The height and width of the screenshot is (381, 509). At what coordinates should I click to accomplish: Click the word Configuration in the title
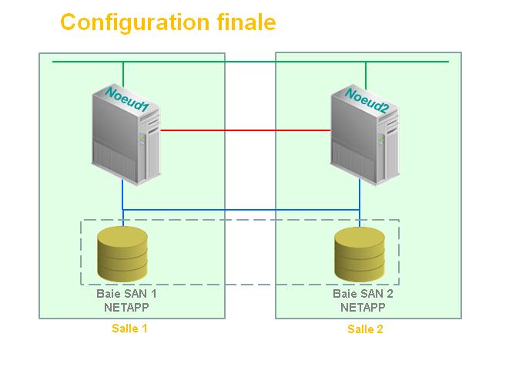pyautogui.click(x=135, y=23)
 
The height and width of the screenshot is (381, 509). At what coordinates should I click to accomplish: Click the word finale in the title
pyautogui.click(x=246, y=22)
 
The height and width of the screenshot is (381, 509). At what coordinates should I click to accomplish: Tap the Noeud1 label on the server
pyautogui.click(x=127, y=99)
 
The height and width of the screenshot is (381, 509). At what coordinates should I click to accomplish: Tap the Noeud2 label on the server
pyautogui.click(x=367, y=101)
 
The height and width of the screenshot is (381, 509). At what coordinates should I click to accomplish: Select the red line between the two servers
pyautogui.click(x=246, y=130)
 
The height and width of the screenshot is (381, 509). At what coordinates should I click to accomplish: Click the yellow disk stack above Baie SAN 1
pyautogui.click(x=122, y=254)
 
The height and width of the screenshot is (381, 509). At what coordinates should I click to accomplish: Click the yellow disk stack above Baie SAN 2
pyautogui.click(x=360, y=255)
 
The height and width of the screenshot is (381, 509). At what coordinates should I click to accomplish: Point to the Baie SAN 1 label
pyautogui.click(x=126, y=294)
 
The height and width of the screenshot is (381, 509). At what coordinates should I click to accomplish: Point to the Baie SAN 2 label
pyautogui.click(x=363, y=294)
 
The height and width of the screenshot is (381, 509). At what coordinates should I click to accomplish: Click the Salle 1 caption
pyautogui.click(x=129, y=329)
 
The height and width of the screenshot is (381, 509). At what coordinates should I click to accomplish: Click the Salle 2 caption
pyautogui.click(x=365, y=329)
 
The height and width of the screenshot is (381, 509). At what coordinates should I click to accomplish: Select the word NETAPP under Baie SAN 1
pyautogui.click(x=126, y=307)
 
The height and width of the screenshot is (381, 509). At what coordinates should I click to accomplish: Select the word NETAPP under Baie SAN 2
pyautogui.click(x=363, y=307)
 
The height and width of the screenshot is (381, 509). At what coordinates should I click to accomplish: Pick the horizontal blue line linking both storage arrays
pyautogui.click(x=241, y=210)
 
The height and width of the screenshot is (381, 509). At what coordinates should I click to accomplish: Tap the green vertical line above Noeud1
pyautogui.click(x=123, y=75)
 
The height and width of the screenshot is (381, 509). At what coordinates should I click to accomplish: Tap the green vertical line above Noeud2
pyautogui.click(x=366, y=76)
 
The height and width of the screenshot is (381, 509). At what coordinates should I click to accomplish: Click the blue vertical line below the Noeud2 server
pyautogui.click(x=360, y=202)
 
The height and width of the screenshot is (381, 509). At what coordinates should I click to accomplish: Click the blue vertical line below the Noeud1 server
pyautogui.click(x=122, y=202)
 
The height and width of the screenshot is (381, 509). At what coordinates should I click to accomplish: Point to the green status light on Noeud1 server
pyautogui.click(x=142, y=139)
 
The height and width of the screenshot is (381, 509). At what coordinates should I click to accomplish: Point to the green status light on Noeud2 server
pyautogui.click(x=380, y=140)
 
